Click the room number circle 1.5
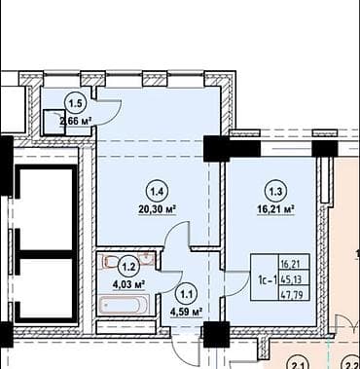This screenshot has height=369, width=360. (x=74, y=102)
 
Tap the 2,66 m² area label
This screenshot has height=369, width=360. (x=75, y=121)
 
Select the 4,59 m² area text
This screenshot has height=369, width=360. (x=186, y=312)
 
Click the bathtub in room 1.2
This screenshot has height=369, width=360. (x=125, y=304)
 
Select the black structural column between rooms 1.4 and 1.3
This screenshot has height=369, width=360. (x=214, y=149)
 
